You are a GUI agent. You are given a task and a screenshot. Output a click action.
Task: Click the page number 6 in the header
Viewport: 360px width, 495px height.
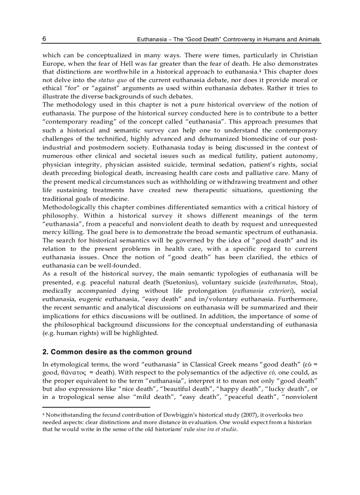point(45,39)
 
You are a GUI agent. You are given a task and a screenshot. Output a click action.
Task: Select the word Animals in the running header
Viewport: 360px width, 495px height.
point(308,40)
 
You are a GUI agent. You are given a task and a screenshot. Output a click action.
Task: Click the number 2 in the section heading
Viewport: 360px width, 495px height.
point(45,352)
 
